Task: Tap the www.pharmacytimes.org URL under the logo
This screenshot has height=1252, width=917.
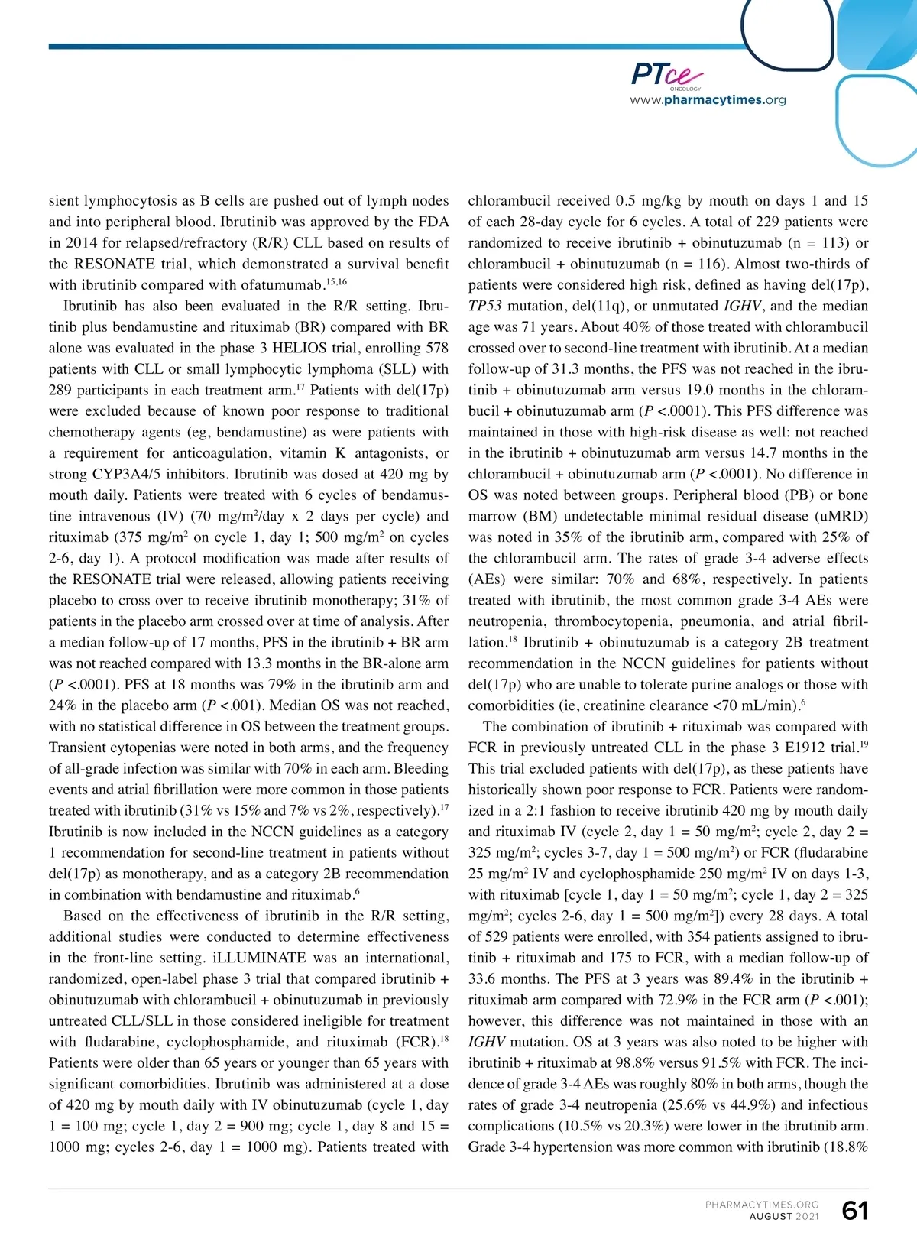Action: point(708,100)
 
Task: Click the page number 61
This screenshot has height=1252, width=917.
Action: point(854,1211)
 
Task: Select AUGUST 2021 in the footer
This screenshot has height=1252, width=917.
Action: point(783,1217)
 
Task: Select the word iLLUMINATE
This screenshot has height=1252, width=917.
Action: point(252,958)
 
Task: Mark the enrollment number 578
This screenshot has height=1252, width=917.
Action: point(436,348)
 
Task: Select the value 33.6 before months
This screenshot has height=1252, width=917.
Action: point(483,978)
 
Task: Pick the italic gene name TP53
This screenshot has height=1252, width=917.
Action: point(485,306)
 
